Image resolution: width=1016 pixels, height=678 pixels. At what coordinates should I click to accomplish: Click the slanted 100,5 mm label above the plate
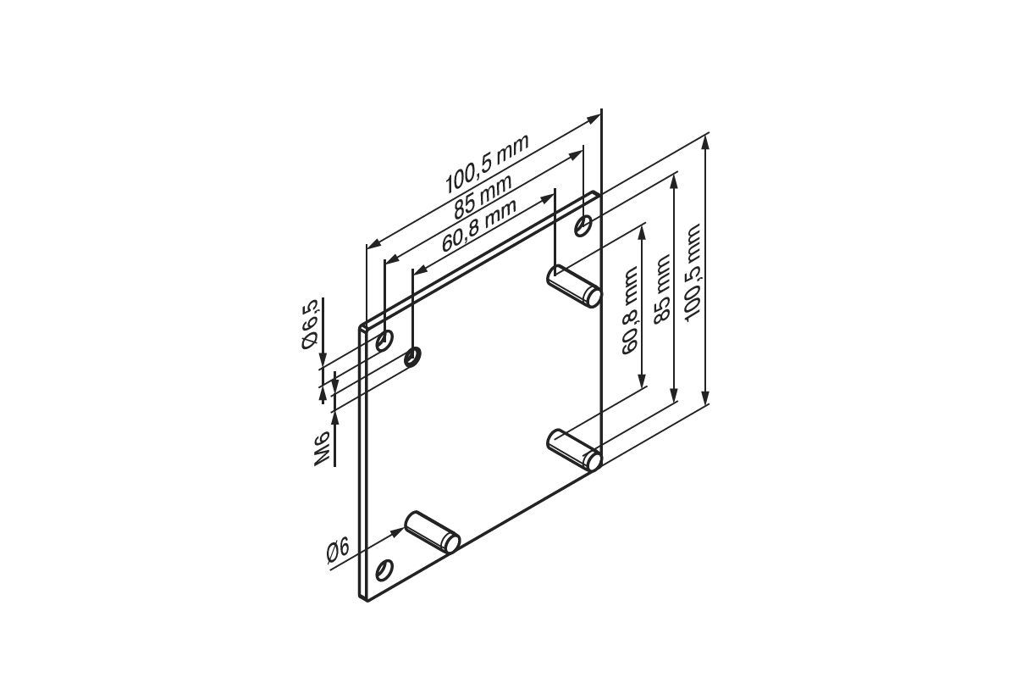[x=487, y=164]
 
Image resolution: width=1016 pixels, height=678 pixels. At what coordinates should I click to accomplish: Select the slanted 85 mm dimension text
[x=483, y=197]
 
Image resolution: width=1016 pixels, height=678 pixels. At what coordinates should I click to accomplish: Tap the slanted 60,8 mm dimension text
[x=479, y=225]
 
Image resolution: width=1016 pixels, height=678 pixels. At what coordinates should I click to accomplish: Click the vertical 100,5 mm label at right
[x=693, y=273]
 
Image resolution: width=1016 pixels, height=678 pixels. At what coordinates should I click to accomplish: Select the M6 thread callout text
[x=322, y=448]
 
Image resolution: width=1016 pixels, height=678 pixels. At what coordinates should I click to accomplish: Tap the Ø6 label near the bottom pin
[x=339, y=552]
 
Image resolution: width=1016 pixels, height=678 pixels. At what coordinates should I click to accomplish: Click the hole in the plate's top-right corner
[x=583, y=225]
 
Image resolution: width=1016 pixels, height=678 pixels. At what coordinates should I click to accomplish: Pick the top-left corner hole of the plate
[x=384, y=341]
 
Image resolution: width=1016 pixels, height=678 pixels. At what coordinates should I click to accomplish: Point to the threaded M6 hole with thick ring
[x=413, y=357]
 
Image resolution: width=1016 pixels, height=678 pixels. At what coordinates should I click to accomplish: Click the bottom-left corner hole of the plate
[x=384, y=570]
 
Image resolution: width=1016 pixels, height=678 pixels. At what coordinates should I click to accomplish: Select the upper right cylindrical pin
[x=574, y=287]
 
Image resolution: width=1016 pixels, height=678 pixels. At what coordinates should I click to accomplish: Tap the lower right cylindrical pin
[x=574, y=450]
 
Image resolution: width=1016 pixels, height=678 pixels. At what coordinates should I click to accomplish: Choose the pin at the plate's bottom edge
[x=433, y=532]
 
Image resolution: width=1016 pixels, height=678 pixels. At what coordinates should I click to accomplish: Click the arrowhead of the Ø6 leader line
[x=398, y=531]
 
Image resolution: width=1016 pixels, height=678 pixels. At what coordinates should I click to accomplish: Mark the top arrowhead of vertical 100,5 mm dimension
[x=705, y=142]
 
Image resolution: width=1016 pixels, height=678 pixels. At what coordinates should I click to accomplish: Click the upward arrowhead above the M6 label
[x=335, y=419]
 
